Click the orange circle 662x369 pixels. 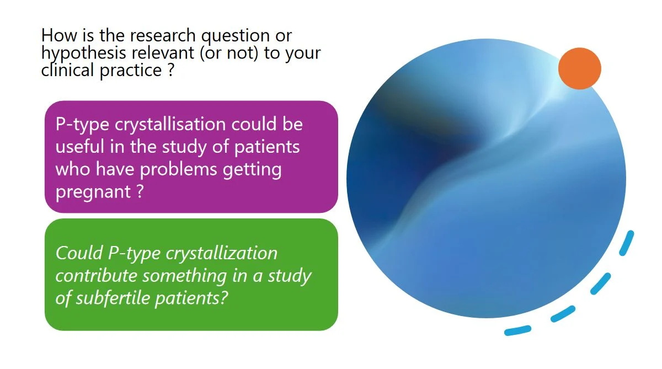pyautogui.click(x=580, y=68)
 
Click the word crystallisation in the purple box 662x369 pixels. pyautogui.click(x=170, y=124)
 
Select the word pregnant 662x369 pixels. pyautogui.click(x=93, y=192)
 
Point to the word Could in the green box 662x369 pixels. pyautogui.click(x=79, y=253)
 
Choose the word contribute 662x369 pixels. pyautogui.click(x=97, y=276)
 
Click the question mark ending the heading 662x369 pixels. pyautogui.click(x=170, y=70)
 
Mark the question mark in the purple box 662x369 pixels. pyautogui.click(x=140, y=191)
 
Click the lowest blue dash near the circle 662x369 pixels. pyautogui.click(x=517, y=330)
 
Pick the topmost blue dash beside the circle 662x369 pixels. pyautogui.click(x=627, y=243)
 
